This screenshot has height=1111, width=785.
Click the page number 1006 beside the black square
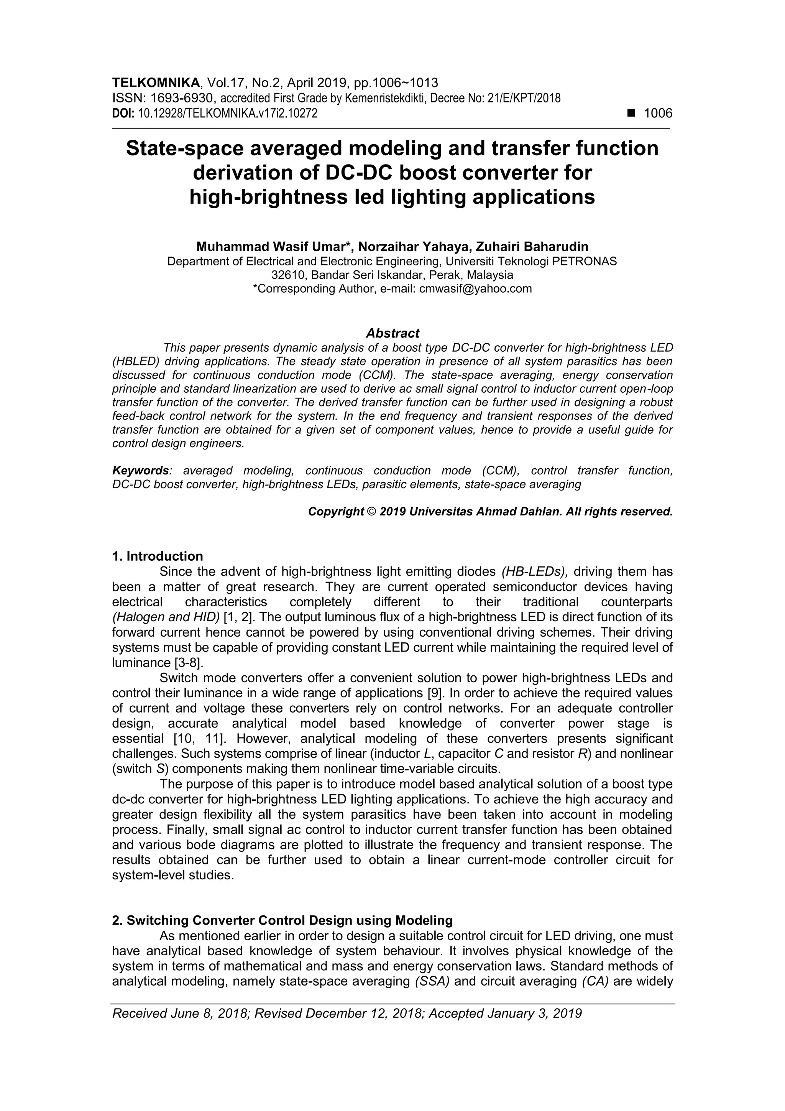(658, 114)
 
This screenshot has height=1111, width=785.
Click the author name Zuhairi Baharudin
(532, 247)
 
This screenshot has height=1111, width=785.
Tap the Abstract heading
(392, 333)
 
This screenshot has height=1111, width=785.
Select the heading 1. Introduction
(157, 556)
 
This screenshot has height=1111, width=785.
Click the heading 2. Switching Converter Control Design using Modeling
(282, 920)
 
